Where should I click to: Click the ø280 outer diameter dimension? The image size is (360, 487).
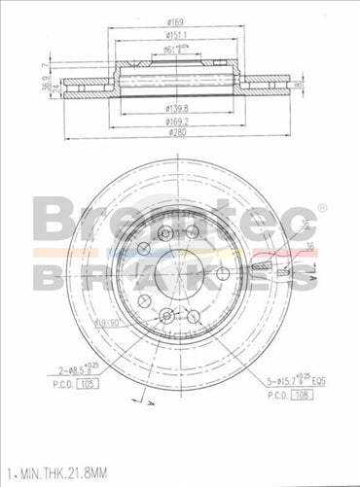point(177,132)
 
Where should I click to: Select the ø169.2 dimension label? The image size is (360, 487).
point(177,121)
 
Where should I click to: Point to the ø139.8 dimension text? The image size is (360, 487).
point(177,108)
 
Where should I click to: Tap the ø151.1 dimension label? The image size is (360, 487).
point(177,35)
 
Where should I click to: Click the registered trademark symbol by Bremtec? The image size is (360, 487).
point(323,207)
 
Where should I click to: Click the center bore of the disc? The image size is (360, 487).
point(176,275)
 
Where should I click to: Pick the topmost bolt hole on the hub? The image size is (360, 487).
point(165,234)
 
